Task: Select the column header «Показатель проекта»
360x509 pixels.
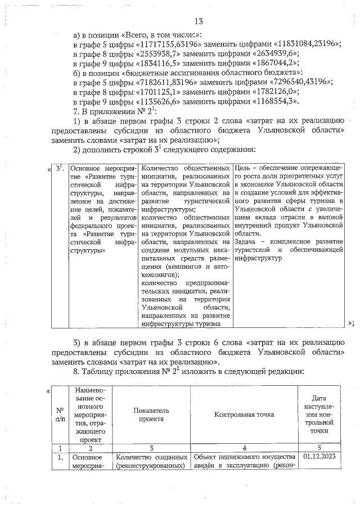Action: coord(152,415)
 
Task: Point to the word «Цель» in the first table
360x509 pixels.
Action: coord(244,168)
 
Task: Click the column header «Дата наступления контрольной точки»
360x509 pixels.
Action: coord(319,415)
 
